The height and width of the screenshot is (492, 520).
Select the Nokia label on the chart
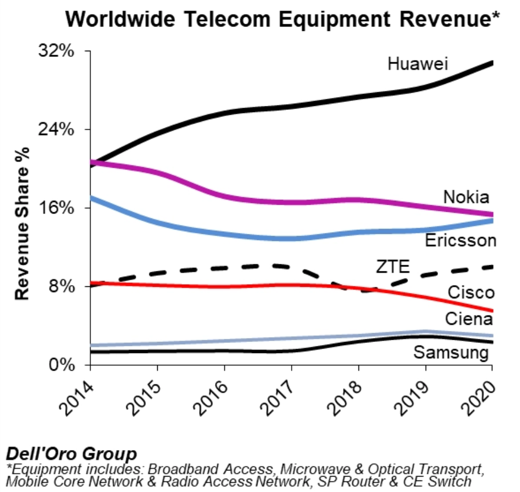[x=466, y=197]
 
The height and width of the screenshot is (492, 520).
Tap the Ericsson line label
[x=460, y=240]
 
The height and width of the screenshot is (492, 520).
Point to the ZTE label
[x=393, y=267]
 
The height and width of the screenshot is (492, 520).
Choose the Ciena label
[x=469, y=319]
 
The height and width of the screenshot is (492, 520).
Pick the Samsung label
[x=451, y=352]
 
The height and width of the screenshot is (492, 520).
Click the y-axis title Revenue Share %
[x=22, y=223]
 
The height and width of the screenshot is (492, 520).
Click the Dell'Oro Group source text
[x=71, y=454]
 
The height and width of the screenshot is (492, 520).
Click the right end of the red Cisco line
[x=491, y=311]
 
